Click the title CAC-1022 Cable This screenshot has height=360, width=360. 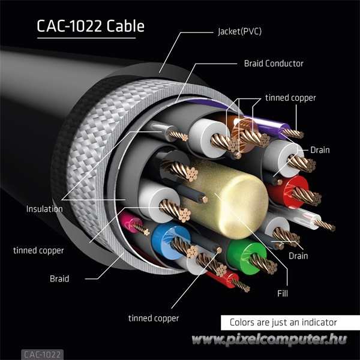(x=90, y=27)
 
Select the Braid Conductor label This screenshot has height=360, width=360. (x=274, y=63)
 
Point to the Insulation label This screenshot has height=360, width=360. (x=44, y=209)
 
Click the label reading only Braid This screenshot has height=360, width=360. (x=59, y=278)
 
